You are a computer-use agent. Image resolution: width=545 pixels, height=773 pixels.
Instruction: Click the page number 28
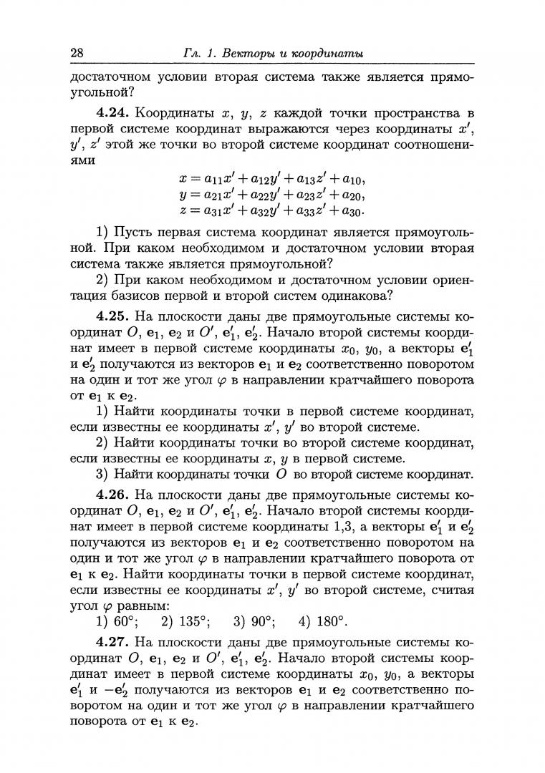click(x=78, y=54)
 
